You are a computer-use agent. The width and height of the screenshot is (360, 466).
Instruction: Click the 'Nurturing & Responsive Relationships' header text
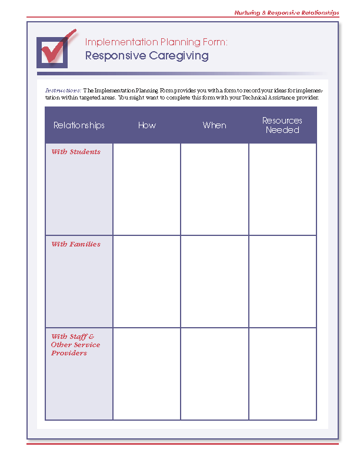coord(286,12)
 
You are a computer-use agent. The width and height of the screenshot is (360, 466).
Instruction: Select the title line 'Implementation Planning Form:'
coord(156,42)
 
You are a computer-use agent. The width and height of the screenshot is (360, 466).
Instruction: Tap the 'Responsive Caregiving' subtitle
coord(146,56)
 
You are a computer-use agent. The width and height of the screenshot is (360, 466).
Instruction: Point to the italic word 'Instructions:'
coord(63,90)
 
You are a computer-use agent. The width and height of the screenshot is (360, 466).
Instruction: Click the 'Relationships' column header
coord(79,125)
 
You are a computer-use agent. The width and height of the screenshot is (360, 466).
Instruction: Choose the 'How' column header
coord(146,125)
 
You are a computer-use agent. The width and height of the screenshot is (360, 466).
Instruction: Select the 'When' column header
coord(214,125)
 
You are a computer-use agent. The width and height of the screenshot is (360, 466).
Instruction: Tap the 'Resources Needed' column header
coord(282,125)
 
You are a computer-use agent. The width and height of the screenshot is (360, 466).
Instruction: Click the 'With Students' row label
coord(76,152)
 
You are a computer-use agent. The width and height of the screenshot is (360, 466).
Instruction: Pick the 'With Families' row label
coord(76,244)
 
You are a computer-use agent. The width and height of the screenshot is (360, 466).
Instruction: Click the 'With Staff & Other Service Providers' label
coord(75,345)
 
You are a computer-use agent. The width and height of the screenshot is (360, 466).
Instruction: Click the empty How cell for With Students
coord(146,189)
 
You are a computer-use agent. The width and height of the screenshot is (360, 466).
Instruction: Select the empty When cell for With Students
coord(214,189)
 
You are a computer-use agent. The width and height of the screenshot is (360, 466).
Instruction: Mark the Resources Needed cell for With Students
coord(282,189)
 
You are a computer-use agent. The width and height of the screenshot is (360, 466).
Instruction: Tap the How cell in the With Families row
coord(146,281)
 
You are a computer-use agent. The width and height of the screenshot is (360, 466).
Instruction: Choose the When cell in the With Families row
coord(214,281)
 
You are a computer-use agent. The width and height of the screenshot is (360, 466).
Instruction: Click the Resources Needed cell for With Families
coord(282,281)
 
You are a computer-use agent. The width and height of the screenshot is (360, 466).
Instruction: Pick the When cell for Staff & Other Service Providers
coord(214,374)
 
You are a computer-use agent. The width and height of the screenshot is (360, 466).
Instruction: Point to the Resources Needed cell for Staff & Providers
coord(282,374)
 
